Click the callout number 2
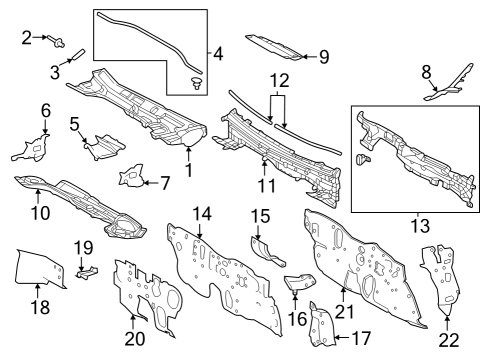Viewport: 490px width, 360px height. tap(27, 38)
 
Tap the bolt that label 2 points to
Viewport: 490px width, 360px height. tap(56, 41)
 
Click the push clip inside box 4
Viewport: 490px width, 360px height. tap(197, 83)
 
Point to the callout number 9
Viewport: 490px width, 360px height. tap(324, 57)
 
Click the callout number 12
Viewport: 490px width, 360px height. tap(280, 81)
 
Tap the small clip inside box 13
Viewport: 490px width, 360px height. tap(363, 159)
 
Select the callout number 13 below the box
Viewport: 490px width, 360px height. tap(420, 226)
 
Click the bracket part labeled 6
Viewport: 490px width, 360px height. tap(31, 148)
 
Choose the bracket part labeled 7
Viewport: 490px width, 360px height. tap(132, 175)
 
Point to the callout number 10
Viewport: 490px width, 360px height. tap(40, 213)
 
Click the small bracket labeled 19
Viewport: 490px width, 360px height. tap(86, 271)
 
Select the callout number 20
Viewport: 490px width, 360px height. tap(135, 339)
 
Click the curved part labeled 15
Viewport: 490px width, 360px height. tap(267, 252)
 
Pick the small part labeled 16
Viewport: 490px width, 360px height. tap(299, 282)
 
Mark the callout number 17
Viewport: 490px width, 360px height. tap(361, 339)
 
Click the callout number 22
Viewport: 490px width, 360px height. tap(449, 340)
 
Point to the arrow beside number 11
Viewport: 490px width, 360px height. tap(264, 168)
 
